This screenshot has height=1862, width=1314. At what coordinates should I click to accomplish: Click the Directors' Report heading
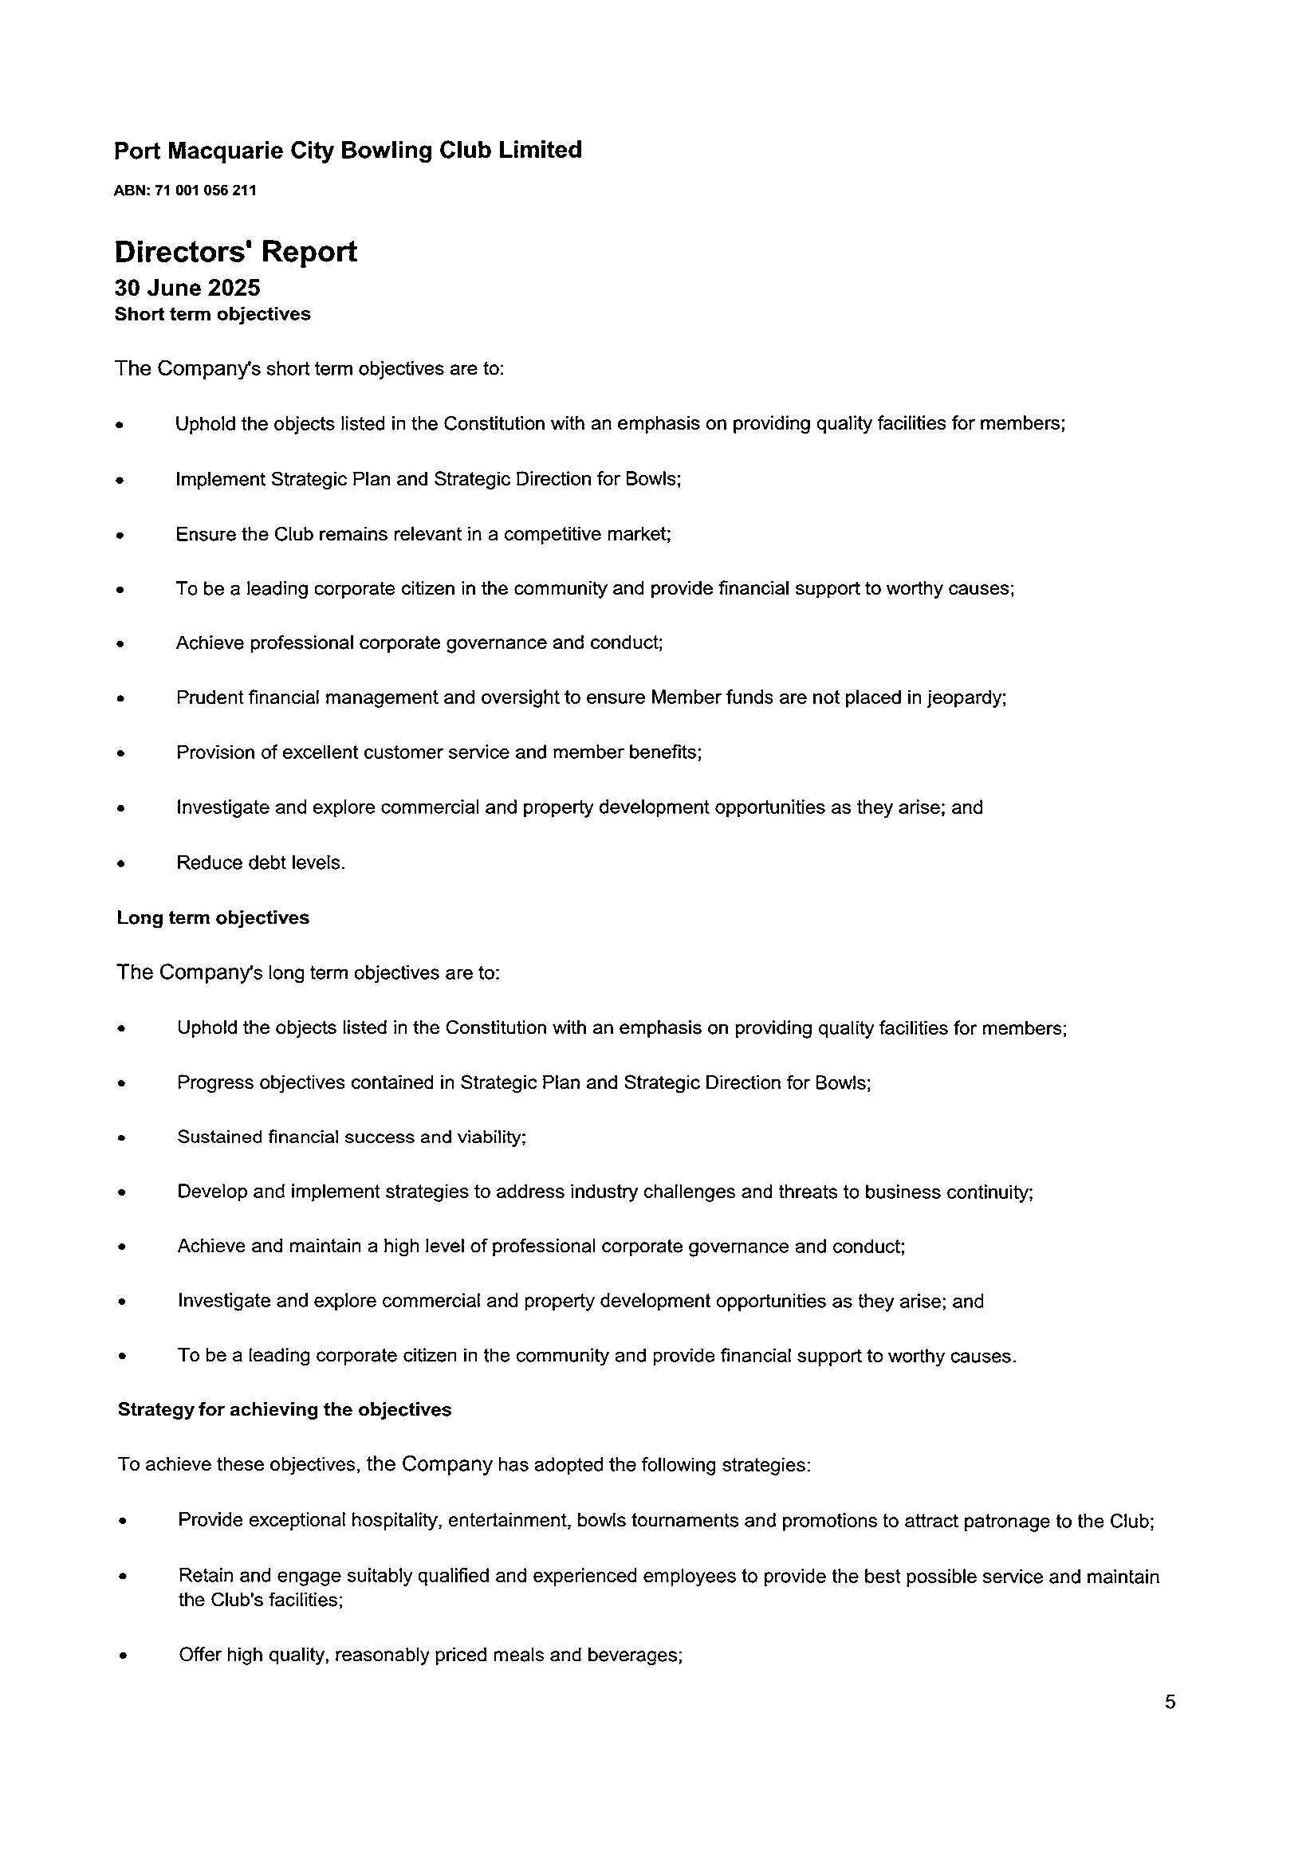point(235,251)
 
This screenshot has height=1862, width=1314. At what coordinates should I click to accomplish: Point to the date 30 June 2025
point(187,288)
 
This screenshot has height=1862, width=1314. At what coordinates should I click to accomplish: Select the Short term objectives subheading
point(213,314)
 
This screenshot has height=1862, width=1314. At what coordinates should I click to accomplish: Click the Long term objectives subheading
point(213,917)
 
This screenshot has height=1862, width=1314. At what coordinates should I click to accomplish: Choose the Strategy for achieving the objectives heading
point(285,1409)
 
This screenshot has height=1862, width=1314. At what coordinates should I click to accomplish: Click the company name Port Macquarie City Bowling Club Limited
point(348,150)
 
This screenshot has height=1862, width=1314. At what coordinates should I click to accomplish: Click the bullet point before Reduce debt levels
point(121,865)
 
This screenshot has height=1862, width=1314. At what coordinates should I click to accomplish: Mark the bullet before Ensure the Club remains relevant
point(120,536)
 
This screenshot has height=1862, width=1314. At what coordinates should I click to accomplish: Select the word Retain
point(205,1576)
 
